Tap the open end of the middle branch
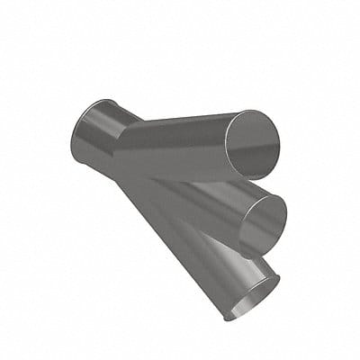[x=263, y=223]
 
